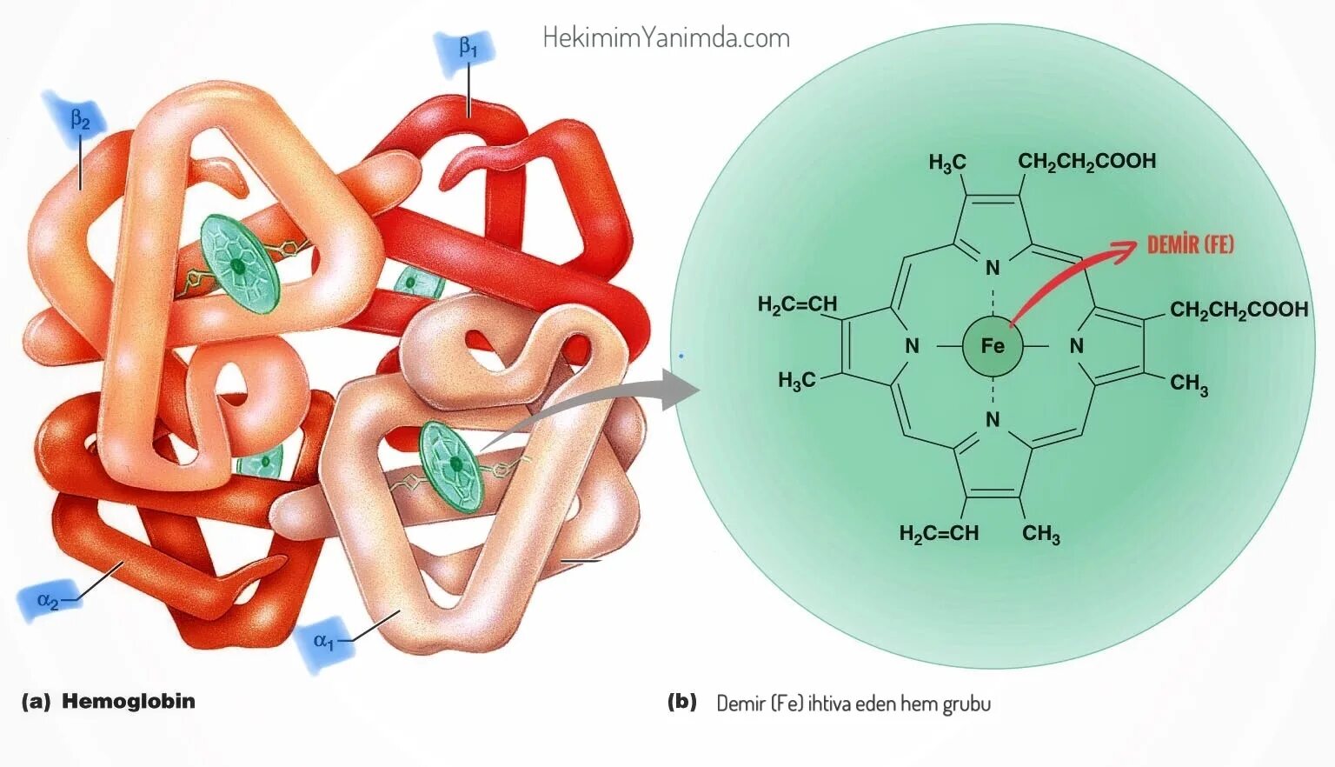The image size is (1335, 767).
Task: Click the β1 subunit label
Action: click(x=468, y=50)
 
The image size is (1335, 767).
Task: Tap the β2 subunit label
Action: click(x=79, y=120)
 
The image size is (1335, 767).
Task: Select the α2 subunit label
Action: click(x=48, y=600)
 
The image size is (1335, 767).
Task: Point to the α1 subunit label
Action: click(x=323, y=642)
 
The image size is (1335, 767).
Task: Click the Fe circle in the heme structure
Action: click(x=992, y=346)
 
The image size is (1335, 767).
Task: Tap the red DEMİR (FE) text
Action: click(x=1190, y=244)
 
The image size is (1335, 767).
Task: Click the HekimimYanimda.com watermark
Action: click(x=666, y=37)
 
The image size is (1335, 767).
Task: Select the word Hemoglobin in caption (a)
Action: click(x=129, y=701)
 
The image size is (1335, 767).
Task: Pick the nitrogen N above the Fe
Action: click(x=993, y=268)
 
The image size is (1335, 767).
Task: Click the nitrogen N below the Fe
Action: click(x=993, y=420)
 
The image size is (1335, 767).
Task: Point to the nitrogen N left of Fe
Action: click(x=912, y=346)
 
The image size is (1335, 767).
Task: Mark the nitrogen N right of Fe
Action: click(x=1077, y=346)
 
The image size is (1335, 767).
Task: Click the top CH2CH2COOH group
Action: click(x=1086, y=161)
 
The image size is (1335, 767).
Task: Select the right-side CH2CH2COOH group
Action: click(x=1239, y=310)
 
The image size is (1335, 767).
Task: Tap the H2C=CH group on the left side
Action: click(x=797, y=304)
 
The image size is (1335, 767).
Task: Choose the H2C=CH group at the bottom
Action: click(x=939, y=533)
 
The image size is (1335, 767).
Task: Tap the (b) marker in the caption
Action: click(x=682, y=702)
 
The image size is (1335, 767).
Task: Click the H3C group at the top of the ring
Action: click(x=946, y=163)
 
